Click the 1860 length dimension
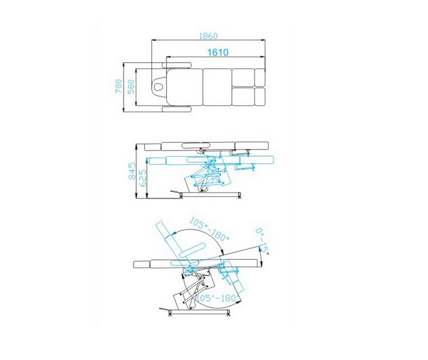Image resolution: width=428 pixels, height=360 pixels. point(208,36)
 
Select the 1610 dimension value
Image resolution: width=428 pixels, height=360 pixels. point(218,52)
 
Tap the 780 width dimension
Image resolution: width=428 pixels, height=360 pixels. point(119,86)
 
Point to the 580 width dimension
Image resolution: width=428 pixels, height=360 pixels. point(131,87)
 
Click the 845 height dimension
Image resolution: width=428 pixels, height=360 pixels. point(132,171)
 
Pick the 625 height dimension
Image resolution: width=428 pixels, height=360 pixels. point(142,178)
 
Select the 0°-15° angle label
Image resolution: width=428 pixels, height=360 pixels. point(262,242)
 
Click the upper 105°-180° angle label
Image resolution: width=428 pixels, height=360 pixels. point(209,229)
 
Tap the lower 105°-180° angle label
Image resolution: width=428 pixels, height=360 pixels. point(218,298)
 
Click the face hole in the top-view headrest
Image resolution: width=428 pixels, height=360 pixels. point(157,87)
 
